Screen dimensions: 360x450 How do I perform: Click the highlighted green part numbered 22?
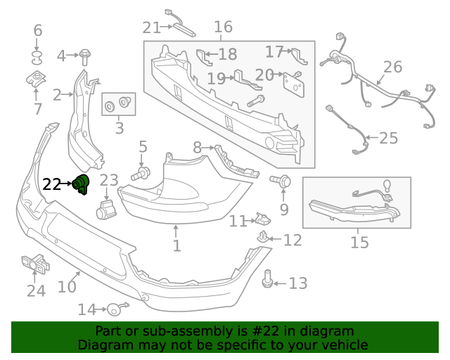click(x=83, y=184)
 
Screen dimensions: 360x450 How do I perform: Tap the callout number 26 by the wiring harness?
click(x=392, y=67)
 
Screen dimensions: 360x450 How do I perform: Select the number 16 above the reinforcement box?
click(x=223, y=27)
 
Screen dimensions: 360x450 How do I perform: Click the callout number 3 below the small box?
click(x=119, y=128)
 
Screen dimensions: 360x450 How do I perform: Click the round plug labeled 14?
click(x=114, y=309)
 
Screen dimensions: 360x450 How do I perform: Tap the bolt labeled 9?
click(x=282, y=181)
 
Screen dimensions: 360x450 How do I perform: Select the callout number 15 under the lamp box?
click(x=359, y=243)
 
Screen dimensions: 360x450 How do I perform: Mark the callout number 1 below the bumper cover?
click(x=176, y=246)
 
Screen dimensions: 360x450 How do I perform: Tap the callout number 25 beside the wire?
click(x=388, y=138)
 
